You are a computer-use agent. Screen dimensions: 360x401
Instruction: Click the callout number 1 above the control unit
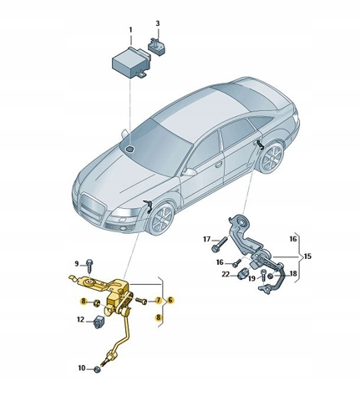click(x=131, y=30)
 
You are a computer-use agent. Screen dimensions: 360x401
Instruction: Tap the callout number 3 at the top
click(x=158, y=23)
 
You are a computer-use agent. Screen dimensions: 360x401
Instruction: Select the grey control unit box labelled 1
click(x=130, y=62)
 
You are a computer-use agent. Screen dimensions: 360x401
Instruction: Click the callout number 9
click(x=77, y=263)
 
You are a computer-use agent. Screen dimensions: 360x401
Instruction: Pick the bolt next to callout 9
click(x=89, y=266)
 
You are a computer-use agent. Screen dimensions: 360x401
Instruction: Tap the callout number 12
click(x=80, y=320)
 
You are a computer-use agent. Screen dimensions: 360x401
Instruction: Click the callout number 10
click(x=81, y=368)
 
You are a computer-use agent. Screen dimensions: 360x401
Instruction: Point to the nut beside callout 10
click(x=97, y=369)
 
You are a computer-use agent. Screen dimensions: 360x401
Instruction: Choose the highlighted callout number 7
click(x=158, y=301)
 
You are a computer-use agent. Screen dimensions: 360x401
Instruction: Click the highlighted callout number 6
click(x=170, y=300)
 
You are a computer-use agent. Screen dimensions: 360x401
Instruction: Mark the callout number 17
click(x=207, y=239)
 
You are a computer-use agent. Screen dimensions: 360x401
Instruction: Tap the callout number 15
click(x=307, y=256)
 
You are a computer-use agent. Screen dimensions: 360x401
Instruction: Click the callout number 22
click(x=226, y=275)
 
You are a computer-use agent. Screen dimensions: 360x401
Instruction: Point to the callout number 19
click(x=251, y=278)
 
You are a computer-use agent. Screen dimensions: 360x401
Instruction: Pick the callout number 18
click(x=293, y=274)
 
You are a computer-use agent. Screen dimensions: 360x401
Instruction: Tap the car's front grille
click(x=92, y=206)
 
